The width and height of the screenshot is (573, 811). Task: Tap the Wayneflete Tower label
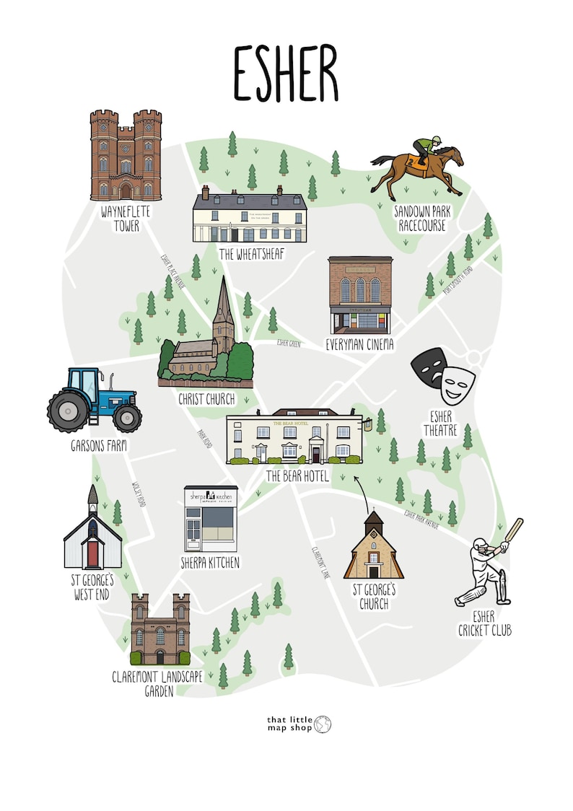[120, 219]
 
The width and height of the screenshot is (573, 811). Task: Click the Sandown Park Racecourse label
[421, 219]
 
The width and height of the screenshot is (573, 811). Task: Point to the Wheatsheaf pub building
[249, 216]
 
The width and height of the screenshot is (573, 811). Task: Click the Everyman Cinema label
[359, 345]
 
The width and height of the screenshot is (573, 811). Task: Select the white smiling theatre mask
[458, 384]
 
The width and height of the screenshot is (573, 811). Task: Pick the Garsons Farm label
[99, 446]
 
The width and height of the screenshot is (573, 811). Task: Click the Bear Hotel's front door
[315, 454]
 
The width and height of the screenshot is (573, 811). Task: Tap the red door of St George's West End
[92, 553]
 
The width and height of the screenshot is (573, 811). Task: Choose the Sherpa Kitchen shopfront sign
[211, 497]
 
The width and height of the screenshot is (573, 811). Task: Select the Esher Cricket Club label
[484, 624]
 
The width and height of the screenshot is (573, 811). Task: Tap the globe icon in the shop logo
[323, 724]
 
